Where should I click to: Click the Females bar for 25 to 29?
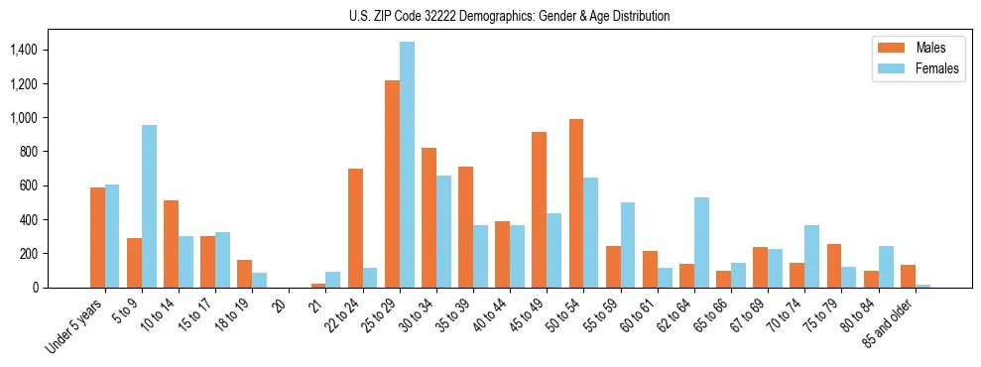[407, 165]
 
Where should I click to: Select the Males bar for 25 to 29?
[392, 183]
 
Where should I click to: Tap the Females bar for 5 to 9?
[149, 206]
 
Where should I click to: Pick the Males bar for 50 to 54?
[576, 203]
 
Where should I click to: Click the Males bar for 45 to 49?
[540, 209]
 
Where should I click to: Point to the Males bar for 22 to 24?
[355, 228]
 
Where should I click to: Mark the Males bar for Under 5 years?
[97, 238]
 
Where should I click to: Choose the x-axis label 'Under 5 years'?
[78, 324]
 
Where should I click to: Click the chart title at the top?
[509, 16]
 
